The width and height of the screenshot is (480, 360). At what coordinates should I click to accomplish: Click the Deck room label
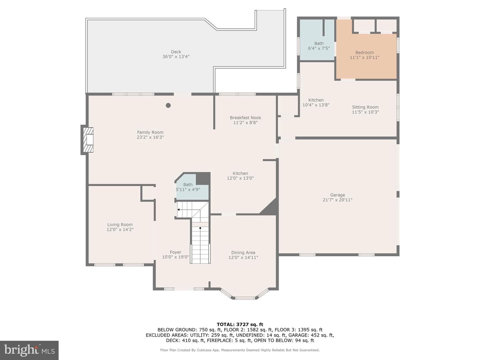click(176, 52)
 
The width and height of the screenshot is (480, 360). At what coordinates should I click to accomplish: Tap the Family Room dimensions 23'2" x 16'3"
click(150, 137)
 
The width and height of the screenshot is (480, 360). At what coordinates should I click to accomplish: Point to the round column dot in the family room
click(168, 105)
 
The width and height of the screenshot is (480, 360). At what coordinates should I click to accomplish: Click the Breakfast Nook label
click(245, 118)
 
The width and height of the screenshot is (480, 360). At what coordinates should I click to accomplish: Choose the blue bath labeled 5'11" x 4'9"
click(192, 187)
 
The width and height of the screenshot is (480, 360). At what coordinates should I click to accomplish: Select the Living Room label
click(120, 224)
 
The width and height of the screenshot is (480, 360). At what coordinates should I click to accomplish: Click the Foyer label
click(175, 252)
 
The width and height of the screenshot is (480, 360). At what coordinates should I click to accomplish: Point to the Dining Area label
click(243, 252)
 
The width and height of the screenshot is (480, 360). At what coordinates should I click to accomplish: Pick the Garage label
click(338, 195)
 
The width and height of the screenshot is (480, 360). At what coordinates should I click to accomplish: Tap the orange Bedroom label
click(365, 52)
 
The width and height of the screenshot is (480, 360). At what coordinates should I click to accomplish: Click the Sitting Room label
click(365, 107)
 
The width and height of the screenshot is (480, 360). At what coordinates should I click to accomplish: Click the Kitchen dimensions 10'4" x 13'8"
click(316, 105)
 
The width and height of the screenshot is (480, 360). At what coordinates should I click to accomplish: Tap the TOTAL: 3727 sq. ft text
click(240, 324)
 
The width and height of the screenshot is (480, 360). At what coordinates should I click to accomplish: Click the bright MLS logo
click(29, 350)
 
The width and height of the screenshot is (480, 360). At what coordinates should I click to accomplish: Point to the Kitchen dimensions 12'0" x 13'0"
click(240, 178)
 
